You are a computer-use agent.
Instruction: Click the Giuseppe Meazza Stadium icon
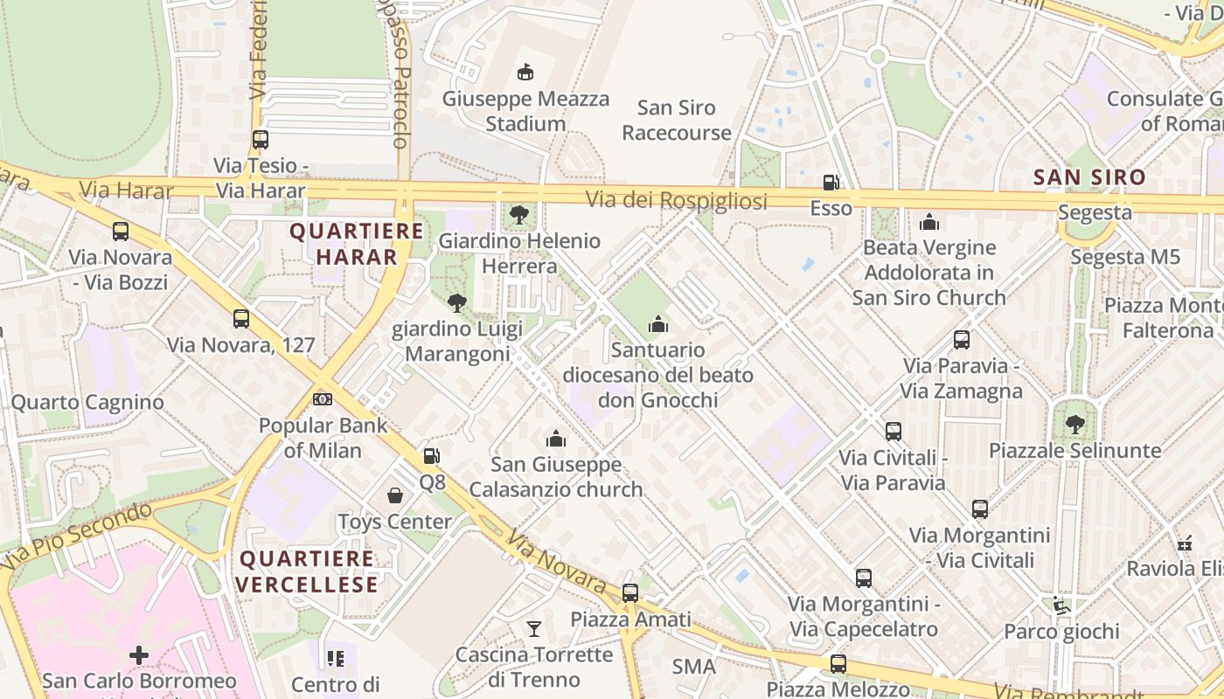pyautogui.click(x=525, y=72)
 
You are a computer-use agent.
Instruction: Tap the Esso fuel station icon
pyautogui.click(x=831, y=183)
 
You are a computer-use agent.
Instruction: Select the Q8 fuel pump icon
pyautogui.click(x=431, y=456)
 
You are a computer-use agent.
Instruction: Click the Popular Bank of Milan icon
pyautogui.click(x=322, y=399)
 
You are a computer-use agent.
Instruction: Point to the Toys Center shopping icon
pyautogui.click(x=395, y=495)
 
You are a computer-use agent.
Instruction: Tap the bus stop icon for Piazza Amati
pyautogui.click(x=629, y=592)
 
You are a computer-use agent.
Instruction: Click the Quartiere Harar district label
pyautogui.click(x=357, y=244)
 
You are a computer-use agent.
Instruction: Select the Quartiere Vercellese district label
pyautogui.click(x=309, y=571)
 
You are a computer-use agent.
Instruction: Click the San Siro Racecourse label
pyautogui.click(x=677, y=121)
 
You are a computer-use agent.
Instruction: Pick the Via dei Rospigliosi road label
pyautogui.click(x=676, y=201)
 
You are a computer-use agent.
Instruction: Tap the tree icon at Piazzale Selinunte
pyautogui.click(x=1074, y=425)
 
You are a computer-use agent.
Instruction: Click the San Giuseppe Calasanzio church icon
pyautogui.click(x=556, y=439)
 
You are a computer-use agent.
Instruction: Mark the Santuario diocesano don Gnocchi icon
pyautogui.click(x=658, y=324)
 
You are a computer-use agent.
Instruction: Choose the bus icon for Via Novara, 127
pyautogui.click(x=241, y=319)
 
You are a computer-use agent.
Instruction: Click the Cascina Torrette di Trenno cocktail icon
pyautogui.click(x=533, y=628)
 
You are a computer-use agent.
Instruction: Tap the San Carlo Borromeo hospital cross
pyautogui.click(x=139, y=654)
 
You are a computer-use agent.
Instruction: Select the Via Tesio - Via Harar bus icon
pyautogui.click(x=261, y=139)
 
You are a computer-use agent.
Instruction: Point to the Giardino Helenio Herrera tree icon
pyautogui.click(x=519, y=214)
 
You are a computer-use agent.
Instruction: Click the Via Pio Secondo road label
pyautogui.click(x=77, y=534)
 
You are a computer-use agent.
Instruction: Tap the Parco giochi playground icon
pyautogui.click(x=1061, y=605)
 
